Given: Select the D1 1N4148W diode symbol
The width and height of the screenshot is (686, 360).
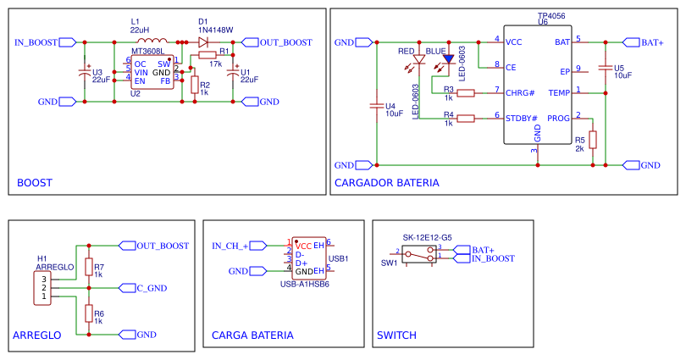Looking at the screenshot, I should [x=202, y=42].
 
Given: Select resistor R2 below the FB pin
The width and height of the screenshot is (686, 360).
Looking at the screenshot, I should [x=195, y=85].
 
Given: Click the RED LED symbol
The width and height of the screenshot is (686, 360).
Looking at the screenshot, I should [x=418, y=61].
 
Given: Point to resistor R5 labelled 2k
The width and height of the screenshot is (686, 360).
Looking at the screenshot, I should [x=594, y=141].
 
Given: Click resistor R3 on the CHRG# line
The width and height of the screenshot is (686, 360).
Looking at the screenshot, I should [x=466, y=92].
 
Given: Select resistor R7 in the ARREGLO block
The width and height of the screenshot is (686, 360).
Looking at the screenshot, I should [x=88, y=269].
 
